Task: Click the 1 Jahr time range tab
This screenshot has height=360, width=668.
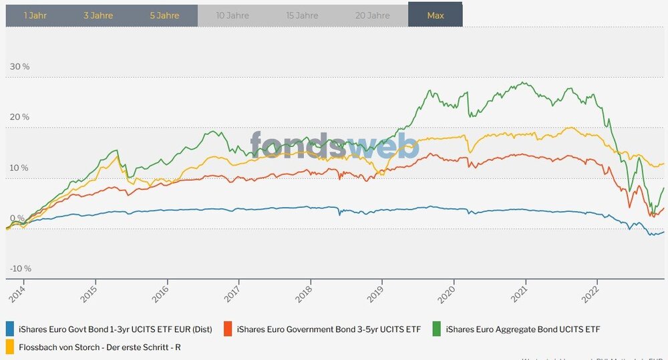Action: click(35, 15)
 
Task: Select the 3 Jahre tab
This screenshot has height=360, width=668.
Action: click(99, 15)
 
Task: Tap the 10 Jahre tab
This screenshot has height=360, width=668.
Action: click(232, 15)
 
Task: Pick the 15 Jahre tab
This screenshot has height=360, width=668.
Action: click(302, 15)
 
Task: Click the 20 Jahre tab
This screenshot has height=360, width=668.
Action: click(372, 15)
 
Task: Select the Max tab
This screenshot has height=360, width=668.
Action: click(436, 15)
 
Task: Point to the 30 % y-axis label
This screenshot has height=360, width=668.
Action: click(19, 67)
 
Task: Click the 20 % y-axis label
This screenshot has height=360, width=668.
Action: click(19, 117)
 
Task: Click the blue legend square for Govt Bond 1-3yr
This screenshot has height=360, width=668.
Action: click(10, 329)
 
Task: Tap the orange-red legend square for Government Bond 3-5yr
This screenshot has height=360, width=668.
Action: click(227, 329)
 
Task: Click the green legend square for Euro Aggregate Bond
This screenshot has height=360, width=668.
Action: click(436, 329)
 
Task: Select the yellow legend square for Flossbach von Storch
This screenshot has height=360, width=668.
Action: click(10, 347)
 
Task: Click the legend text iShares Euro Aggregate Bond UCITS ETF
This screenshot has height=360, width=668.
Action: click(523, 329)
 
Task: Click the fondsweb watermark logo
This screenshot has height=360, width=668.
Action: click(334, 146)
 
